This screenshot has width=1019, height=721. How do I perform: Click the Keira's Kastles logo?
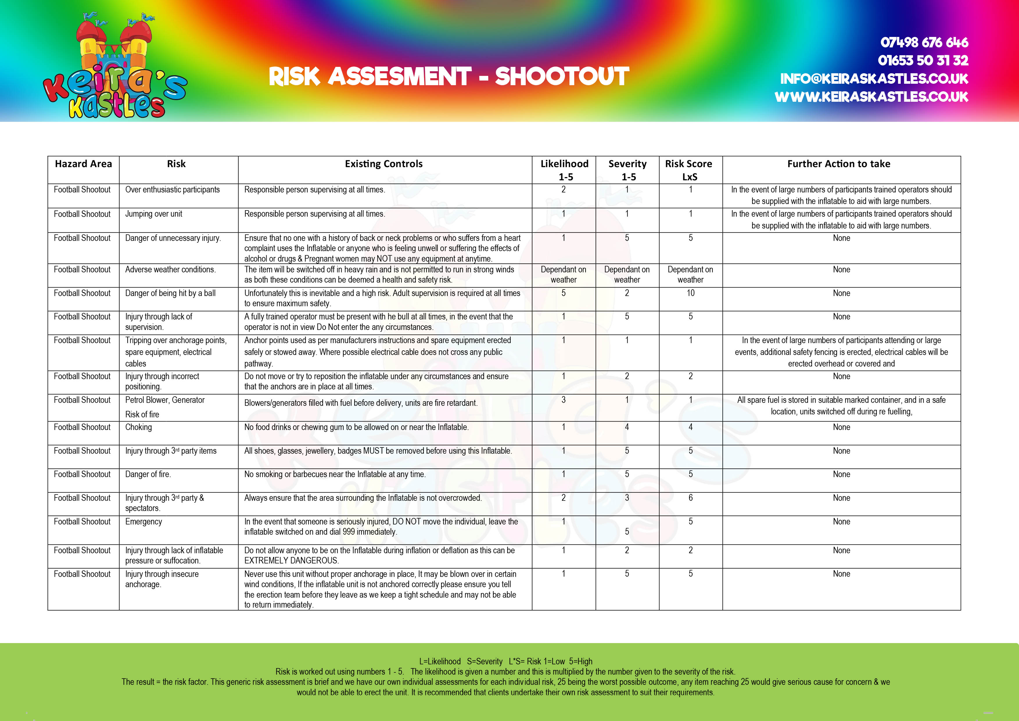click(x=114, y=67)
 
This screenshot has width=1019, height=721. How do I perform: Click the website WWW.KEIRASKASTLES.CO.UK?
click(x=871, y=97)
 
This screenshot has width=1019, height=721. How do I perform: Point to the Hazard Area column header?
click(x=83, y=164)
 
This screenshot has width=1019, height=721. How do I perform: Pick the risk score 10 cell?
click(x=690, y=293)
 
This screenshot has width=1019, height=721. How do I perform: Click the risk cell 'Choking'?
click(x=139, y=427)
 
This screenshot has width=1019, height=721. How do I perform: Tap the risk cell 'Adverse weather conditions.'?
click(x=171, y=270)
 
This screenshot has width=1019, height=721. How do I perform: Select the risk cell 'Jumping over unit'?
click(x=154, y=214)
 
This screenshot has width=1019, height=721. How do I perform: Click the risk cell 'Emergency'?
click(x=143, y=522)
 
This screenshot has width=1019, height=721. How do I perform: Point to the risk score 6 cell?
click(x=690, y=498)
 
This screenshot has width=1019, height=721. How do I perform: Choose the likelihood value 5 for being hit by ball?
click(x=563, y=293)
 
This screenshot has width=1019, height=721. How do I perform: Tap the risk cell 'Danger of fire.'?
click(x=148, y=474)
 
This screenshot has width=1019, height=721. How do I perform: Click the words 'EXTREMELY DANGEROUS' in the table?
click(x=291, y=561)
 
